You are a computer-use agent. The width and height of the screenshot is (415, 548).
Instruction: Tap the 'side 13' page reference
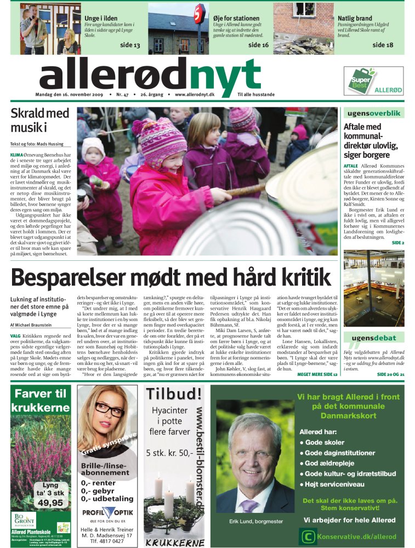point(130,45)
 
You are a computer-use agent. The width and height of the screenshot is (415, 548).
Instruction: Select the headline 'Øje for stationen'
point(237,19)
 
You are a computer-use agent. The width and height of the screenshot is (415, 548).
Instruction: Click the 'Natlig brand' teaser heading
point(355,19)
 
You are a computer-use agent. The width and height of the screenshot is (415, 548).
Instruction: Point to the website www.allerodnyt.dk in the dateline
point(195,95)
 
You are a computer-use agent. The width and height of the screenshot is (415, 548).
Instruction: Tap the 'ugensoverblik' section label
point(373,113)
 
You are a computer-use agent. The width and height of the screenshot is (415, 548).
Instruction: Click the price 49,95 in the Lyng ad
point(50,503)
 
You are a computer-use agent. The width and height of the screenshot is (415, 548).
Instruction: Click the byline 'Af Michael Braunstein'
point(34,325)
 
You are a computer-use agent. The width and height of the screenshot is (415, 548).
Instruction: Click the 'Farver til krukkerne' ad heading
point(41,399)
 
